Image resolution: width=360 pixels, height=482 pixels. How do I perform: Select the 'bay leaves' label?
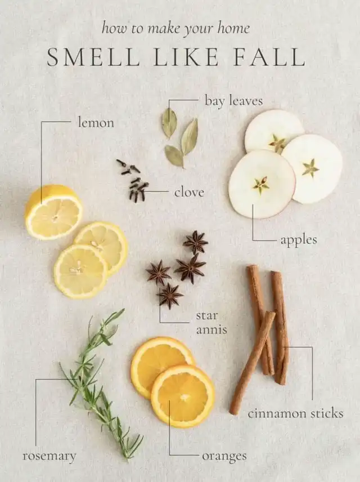point(234,101)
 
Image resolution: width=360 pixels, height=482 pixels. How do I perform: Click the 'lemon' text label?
point(96,123)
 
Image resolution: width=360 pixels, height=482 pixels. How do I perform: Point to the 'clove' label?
point(189,193)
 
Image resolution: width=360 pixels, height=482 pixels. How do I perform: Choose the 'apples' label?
point(298,240)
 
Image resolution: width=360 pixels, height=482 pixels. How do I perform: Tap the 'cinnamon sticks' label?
point(295,413)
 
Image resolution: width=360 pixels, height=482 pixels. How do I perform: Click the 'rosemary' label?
point(49,456)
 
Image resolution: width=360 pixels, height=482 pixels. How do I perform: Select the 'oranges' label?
point(224,457)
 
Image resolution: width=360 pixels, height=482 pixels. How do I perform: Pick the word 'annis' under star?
point(211,330)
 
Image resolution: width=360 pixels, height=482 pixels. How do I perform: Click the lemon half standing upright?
point(53,212)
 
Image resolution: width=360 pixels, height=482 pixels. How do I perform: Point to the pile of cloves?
point(133,181)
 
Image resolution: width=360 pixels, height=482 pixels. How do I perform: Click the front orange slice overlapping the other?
point(183,396)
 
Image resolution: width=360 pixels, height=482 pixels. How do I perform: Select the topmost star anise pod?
point(195,242)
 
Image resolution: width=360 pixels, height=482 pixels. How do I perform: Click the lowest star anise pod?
point(169,296)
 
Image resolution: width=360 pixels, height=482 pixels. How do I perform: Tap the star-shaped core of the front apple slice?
point(261,185)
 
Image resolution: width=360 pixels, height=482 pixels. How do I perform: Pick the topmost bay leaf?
point(169,123)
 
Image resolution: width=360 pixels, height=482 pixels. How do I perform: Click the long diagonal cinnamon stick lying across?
point(252,363)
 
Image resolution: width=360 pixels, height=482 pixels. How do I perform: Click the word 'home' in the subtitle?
point(233,29)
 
